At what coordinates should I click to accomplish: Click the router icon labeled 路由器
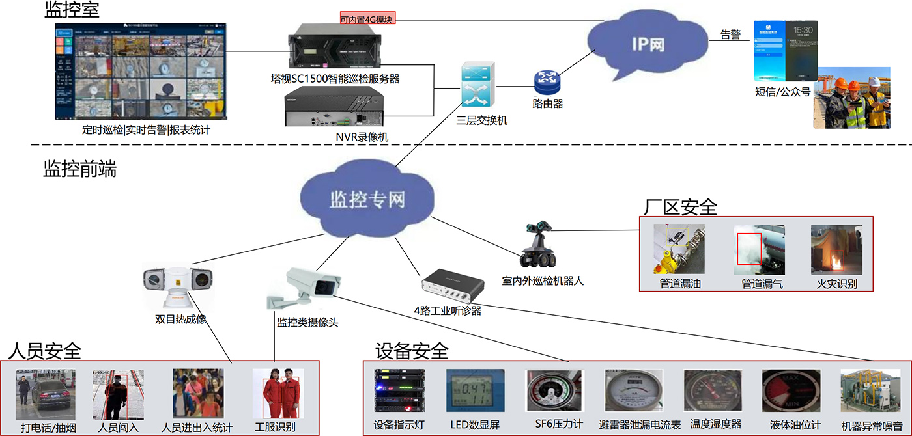tap(547, 82)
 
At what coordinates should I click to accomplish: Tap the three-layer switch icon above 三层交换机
tap(477, 85)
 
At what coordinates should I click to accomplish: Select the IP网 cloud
tap(648, 46)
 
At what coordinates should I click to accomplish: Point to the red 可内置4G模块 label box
tap(367, 20)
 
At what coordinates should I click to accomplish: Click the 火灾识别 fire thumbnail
tap(836, 251)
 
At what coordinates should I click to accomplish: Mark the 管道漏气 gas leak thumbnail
tap(759, 251)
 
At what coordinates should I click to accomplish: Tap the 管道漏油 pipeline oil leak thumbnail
tap(679, 251)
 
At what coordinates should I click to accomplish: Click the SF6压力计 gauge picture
tap(554, 392)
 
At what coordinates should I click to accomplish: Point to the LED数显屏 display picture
tap(475, 392)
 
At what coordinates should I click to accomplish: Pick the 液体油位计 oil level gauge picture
tap(791, 392)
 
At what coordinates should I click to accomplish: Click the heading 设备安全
tap(412, 351)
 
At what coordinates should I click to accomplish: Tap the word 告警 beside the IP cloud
tap(730, 35)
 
